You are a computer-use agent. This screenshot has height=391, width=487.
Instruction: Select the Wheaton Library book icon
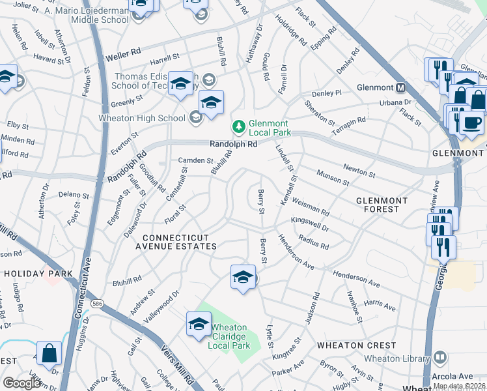point(440,357)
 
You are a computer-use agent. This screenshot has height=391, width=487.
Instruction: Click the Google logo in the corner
point(21,383)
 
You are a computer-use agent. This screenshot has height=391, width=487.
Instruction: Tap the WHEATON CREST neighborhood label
point(356,345)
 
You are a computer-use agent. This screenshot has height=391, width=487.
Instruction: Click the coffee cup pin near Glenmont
point(471,123)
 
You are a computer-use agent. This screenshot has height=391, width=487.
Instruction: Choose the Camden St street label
point(196,160)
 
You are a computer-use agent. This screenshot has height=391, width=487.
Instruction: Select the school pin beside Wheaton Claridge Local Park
point(199,325)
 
